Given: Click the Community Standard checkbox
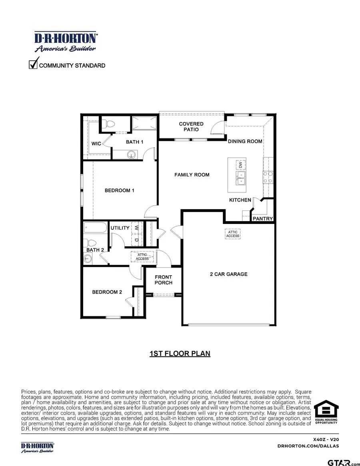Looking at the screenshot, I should click(34, 64).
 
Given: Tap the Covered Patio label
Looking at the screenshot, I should click(191, 127).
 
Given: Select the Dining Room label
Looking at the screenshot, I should click(245, 141).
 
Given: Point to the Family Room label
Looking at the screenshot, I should click(192, 175).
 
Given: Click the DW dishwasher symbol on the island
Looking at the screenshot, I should click(240, 165).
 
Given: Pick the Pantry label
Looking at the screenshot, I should click(263, 219).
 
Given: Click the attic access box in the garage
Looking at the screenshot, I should click(233, 234).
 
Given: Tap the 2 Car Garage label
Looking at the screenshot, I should click(229, 274).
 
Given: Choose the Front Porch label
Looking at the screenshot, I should click(164, 280).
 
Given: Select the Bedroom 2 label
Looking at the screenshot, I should click(107, 292).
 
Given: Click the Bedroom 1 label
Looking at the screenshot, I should click(120, 190).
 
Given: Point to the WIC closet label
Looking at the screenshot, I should click(96, 144).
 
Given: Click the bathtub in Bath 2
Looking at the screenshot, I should click(96, 228).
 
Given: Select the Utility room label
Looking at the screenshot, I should click(120, 228).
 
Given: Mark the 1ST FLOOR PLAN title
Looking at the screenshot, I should click(180, 354).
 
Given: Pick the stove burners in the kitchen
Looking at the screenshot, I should click(268, 177).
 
